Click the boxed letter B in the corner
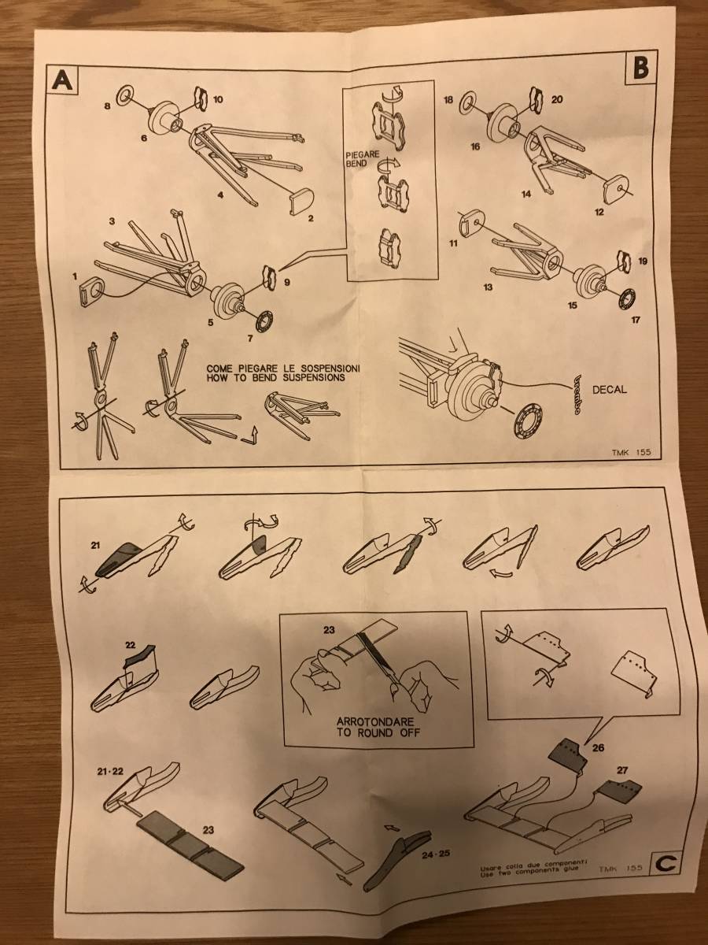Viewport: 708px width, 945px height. pos(641,69)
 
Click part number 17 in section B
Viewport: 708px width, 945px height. pos(636,321)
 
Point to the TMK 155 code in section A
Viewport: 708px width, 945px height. pos(635,453)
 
